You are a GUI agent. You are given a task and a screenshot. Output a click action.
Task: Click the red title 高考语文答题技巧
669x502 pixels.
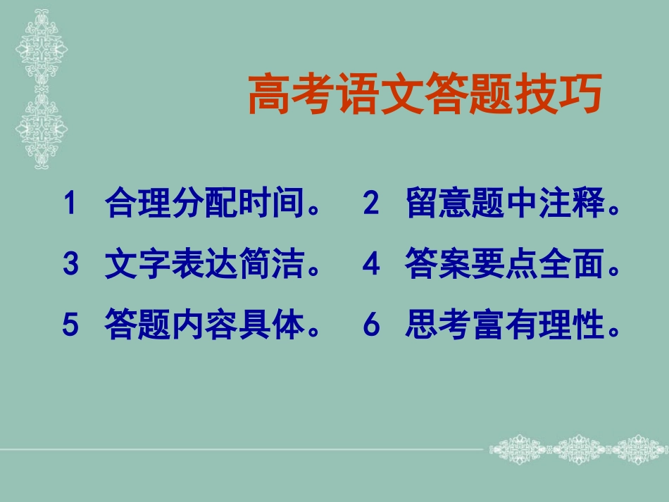pyautogui.click(x=424, y=96)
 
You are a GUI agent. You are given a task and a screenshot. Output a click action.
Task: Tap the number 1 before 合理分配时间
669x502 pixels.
pyautogui.click(x=69, y=205)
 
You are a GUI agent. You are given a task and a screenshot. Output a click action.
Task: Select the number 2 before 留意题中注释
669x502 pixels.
pyautogui.click(x=371, y=205)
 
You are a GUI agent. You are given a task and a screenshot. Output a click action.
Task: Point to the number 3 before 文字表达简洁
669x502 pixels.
pyautogui.click(x=70, y=265)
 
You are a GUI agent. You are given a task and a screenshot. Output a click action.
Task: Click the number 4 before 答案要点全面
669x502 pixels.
pyautogui.click(x=371, y=265)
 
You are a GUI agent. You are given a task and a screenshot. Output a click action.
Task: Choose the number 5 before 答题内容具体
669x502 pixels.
pyautogui.click(x=70, y=327)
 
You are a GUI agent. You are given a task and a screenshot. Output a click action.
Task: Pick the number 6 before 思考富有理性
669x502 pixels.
pyautogui.click(x=371, y=327)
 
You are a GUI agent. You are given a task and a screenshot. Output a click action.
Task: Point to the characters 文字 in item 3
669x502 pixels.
pyautogui.click(x=137, y=265)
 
